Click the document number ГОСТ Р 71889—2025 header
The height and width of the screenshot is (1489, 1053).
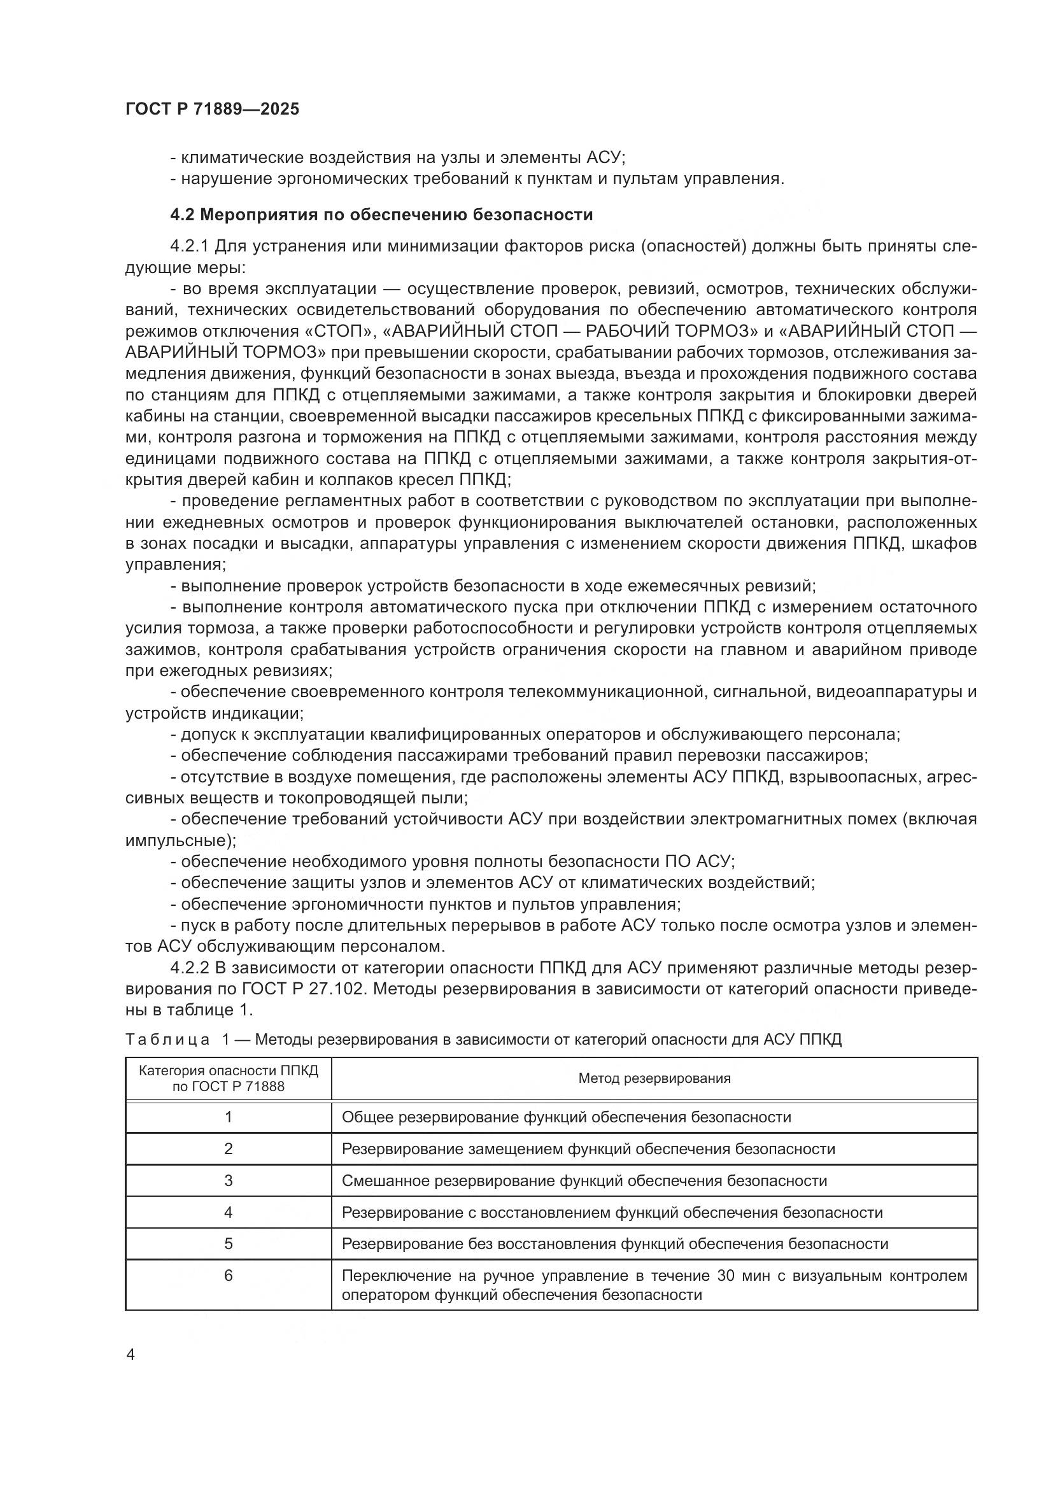click(x=212, y=109)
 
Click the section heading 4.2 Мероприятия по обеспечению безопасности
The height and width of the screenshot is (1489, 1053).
click(x=381, y=215)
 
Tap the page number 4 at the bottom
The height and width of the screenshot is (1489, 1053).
click(x=131, y=1355)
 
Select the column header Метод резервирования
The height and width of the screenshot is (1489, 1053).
click(x=654, y=1078)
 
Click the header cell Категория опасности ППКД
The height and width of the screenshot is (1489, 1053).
click(x=229, y=1078)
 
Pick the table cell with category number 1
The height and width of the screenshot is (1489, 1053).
click(x=229, y=1117)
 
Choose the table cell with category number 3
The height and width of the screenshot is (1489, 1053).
click(x=229, y=1180)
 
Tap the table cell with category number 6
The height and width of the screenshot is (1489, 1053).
click(x=229, y=1276)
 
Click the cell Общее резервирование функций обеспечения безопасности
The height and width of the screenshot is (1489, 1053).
click(x=566, y=1117)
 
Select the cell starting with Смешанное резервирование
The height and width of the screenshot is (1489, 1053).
click(x=584, y=1180)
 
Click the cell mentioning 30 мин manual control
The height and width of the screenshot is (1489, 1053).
click(x=654, y=1285)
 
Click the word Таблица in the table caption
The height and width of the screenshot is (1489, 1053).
click(x=167, y=1040)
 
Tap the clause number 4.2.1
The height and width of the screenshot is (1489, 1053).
click(x=189, y=246)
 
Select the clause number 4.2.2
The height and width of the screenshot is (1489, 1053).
click(x=189, y=968)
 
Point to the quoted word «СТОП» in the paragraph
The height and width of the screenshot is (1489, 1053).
click(x=340, y=332)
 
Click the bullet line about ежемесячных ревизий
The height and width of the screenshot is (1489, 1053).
click(x=493, y=586)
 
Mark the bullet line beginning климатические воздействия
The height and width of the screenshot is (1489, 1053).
click(x=397, y=158)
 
